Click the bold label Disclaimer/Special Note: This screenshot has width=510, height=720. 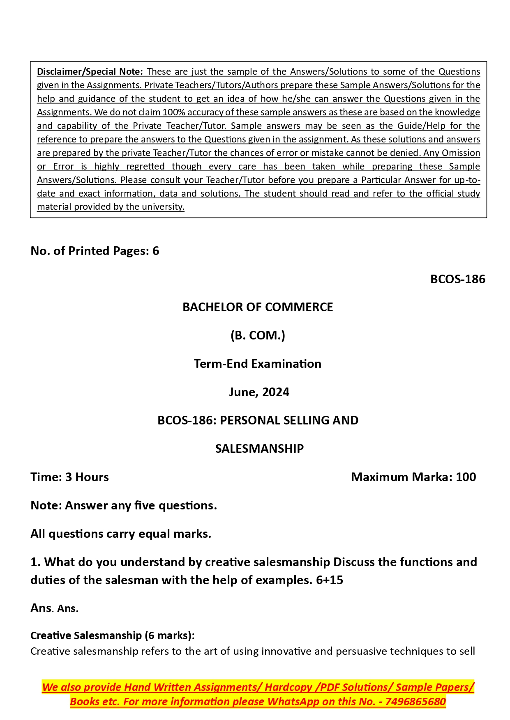click(x=90, y=72)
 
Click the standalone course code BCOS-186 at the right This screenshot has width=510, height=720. click(x=457, y=279)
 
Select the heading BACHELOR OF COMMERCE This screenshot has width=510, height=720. click(x=258, y=307)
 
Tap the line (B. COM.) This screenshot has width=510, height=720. click(x=258, y=335)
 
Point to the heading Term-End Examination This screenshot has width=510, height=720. click(x=258, y=364)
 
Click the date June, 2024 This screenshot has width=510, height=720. click(x=259, y=392)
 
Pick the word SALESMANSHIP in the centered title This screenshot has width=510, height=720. click(x=259, y=449)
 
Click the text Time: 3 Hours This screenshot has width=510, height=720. click(x=69, y=477)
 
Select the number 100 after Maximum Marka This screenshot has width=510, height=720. click(x=466, y=477)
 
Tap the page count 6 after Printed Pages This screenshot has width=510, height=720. click(x=156, y=251)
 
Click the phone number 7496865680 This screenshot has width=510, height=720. click(x=415, y=702)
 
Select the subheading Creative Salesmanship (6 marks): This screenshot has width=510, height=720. click(x=112, y=635)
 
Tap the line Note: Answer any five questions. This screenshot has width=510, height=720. click(x=123, y=505)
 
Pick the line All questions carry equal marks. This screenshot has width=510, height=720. click(x=121, y=534)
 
